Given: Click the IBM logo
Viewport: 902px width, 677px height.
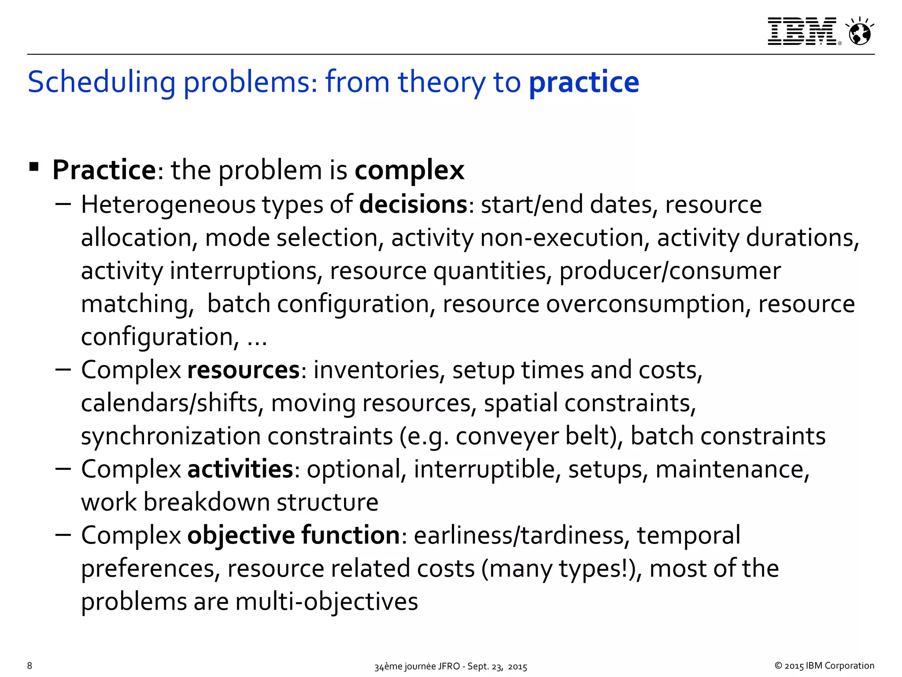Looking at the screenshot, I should coord(802,31).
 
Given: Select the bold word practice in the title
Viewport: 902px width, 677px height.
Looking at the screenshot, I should coord(584,82).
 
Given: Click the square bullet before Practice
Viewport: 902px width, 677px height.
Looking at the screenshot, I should coord(34,167).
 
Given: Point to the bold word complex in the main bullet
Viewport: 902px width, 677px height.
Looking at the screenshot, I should coord(409,171).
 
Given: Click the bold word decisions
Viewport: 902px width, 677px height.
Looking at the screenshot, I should coord(413,205).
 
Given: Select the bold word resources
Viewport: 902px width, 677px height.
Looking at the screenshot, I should coord(244,370).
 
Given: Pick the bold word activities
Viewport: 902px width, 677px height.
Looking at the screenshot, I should coord(240,469).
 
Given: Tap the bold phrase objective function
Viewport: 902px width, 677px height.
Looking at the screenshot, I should coord(294,535).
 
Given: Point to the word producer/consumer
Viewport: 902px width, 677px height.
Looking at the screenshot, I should coord(670,271).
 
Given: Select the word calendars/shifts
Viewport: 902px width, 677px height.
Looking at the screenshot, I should coord(172,403).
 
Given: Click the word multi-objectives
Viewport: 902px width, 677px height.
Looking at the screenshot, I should coord(326,601).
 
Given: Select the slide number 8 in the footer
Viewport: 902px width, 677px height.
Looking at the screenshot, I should coord(30,666).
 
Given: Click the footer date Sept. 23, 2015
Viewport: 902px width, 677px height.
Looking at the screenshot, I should coord(497,666).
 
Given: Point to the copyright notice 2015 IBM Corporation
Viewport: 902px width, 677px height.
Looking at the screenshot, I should coord(824,666).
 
